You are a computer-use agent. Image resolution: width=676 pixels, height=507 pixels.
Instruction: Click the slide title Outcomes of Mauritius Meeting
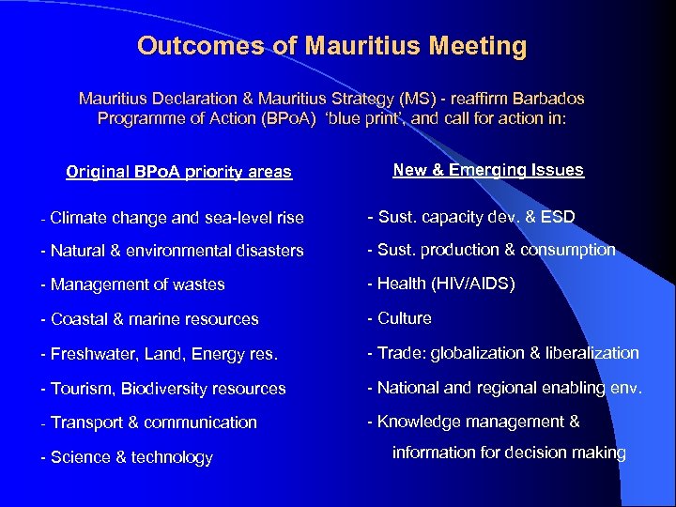click(x=331, y=45)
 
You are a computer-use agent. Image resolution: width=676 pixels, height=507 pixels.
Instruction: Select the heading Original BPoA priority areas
click(x=178, y=172)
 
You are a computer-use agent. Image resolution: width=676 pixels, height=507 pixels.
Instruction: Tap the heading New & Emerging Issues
click(x=488, y=170)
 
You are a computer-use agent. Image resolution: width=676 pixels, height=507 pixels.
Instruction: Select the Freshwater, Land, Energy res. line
click(x=158, y=354)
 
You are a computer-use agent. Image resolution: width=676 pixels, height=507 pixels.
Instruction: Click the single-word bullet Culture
click(x=404, y=318)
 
